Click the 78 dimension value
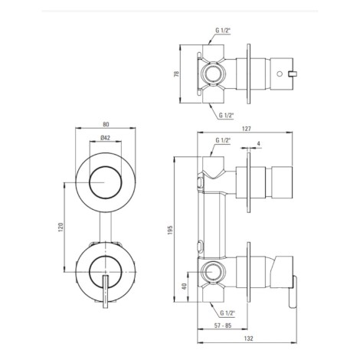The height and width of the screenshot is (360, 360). (176, 74)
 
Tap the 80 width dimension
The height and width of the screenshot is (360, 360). (106, 124)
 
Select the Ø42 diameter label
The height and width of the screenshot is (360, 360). (105, 138)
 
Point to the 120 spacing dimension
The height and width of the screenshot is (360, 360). (61, 227)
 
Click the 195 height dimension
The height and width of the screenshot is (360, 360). (171, 230)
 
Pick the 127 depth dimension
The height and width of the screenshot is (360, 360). (247, 129)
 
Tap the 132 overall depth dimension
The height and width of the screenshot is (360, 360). (248, 339)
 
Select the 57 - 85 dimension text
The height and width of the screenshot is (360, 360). (223, 326)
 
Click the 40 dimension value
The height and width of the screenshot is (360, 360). (185, 286)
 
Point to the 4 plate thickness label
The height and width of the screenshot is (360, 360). (259, 144)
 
